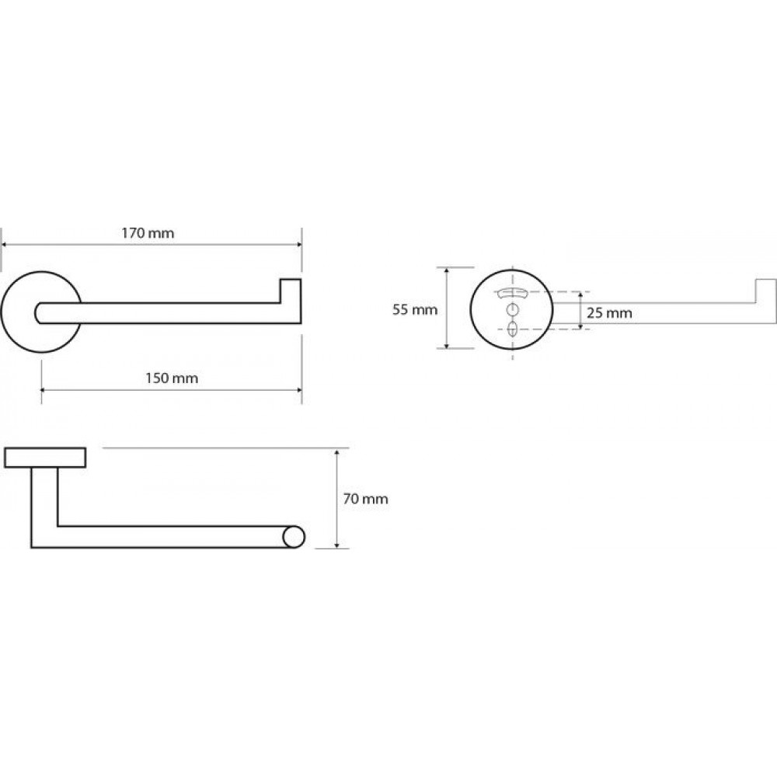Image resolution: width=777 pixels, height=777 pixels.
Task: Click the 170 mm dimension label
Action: click(x=148, y=233)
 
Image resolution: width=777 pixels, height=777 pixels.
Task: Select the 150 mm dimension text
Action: click(x=172, y=378)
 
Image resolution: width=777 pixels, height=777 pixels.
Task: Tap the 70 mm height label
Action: click(x=365, y=499)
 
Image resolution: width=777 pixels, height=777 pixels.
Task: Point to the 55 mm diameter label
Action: click(x=415, y=310)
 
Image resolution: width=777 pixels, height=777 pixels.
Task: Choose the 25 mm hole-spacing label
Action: click(x=609, y=313)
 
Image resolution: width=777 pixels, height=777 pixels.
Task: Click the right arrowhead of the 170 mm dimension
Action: click(x=298, y=244)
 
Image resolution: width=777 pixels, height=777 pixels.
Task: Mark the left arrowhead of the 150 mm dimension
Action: click(x=44, y=390)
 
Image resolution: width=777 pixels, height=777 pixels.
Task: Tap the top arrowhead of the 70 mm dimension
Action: click(x=337, y=452)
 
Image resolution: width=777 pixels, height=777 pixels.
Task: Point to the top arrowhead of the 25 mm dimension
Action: click(x=580, y=294)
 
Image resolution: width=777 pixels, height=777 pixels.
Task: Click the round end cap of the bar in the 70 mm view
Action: click(x=294, y=537)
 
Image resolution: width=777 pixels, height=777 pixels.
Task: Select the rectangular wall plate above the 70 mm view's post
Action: click(x=45, y=458)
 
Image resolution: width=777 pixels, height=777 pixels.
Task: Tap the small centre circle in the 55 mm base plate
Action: click(x=512, y=310)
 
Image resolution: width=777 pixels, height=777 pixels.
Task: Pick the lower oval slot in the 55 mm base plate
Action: click(x=512, y=328)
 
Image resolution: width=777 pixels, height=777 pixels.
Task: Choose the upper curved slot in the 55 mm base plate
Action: click(x=512, y=292)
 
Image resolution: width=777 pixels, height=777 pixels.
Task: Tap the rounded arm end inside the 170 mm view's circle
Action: click(x=38, y=312)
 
